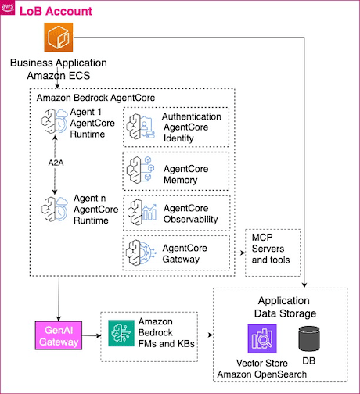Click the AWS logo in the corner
[7, 8]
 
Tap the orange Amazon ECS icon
[59, 37]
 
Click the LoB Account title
[56, 11]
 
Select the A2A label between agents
[56, 163]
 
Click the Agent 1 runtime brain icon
[55, 121]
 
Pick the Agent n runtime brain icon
[55, 210]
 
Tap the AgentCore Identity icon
[140, 127]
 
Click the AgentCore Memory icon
[140, 170]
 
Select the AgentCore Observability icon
[142, 212]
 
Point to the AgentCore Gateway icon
[141, 253]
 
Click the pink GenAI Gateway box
[59, 335]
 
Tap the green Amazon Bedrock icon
[121, 333]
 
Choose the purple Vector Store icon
[262, 338]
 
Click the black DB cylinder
[309, 338]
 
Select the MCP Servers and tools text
[271, 249]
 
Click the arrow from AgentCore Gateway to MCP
[238, 253]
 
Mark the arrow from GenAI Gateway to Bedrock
[92, 335]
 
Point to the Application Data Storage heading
[285, 307]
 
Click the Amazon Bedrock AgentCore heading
[95, 98]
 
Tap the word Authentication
[192, 116]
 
